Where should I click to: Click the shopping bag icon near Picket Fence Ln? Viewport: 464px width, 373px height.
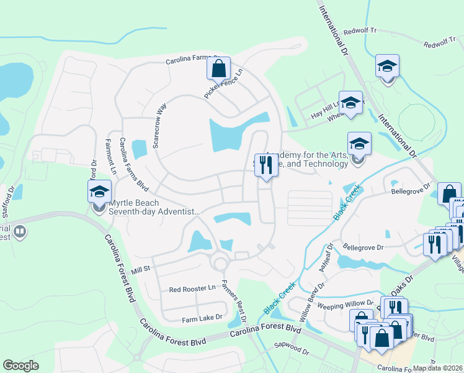click(x=218, y=68)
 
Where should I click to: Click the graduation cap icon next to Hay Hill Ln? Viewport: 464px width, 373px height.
click(x=350, y=103)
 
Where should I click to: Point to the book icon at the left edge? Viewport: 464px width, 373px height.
click(x=20, y=233)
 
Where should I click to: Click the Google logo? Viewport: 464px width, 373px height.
click(x=20, y=365)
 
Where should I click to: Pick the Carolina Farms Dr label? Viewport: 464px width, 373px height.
click(x=193, y=60)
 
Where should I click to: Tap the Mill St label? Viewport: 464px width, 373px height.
click(x=141, y=269)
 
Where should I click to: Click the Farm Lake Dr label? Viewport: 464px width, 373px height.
click(x=202, y=318)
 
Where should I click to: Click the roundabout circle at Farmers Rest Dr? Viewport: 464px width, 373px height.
click(x=219, y=263)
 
